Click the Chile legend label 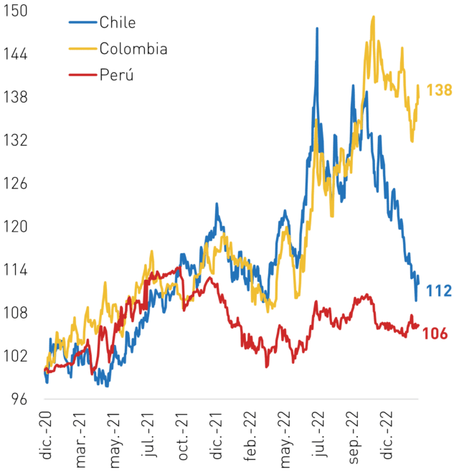click(x=118, y=22)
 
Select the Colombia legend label click(x=133, y=49)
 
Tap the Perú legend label click(x=116, y=74)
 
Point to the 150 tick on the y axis click(x=15, y=11)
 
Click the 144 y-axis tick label click(x=15, y=55)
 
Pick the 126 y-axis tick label click(x=15, y=184)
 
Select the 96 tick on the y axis click(x=19, y=399)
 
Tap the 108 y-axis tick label click(x=15, y=313)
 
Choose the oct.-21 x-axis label click(x=183, y=436)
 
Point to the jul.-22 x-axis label click(x=319, y=434)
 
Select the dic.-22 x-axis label click(x=388, y=435)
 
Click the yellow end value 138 click(x=439, y=90)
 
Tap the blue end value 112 click(x=439, y=291)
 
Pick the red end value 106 click(x=435, y=334)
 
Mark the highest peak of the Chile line click(x=317, y=29)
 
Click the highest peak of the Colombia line click(x=374, y=17)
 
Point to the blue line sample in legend click(x=82, y=22)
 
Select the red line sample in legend click(x=82, y=75)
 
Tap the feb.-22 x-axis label click(x=250, y=436)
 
